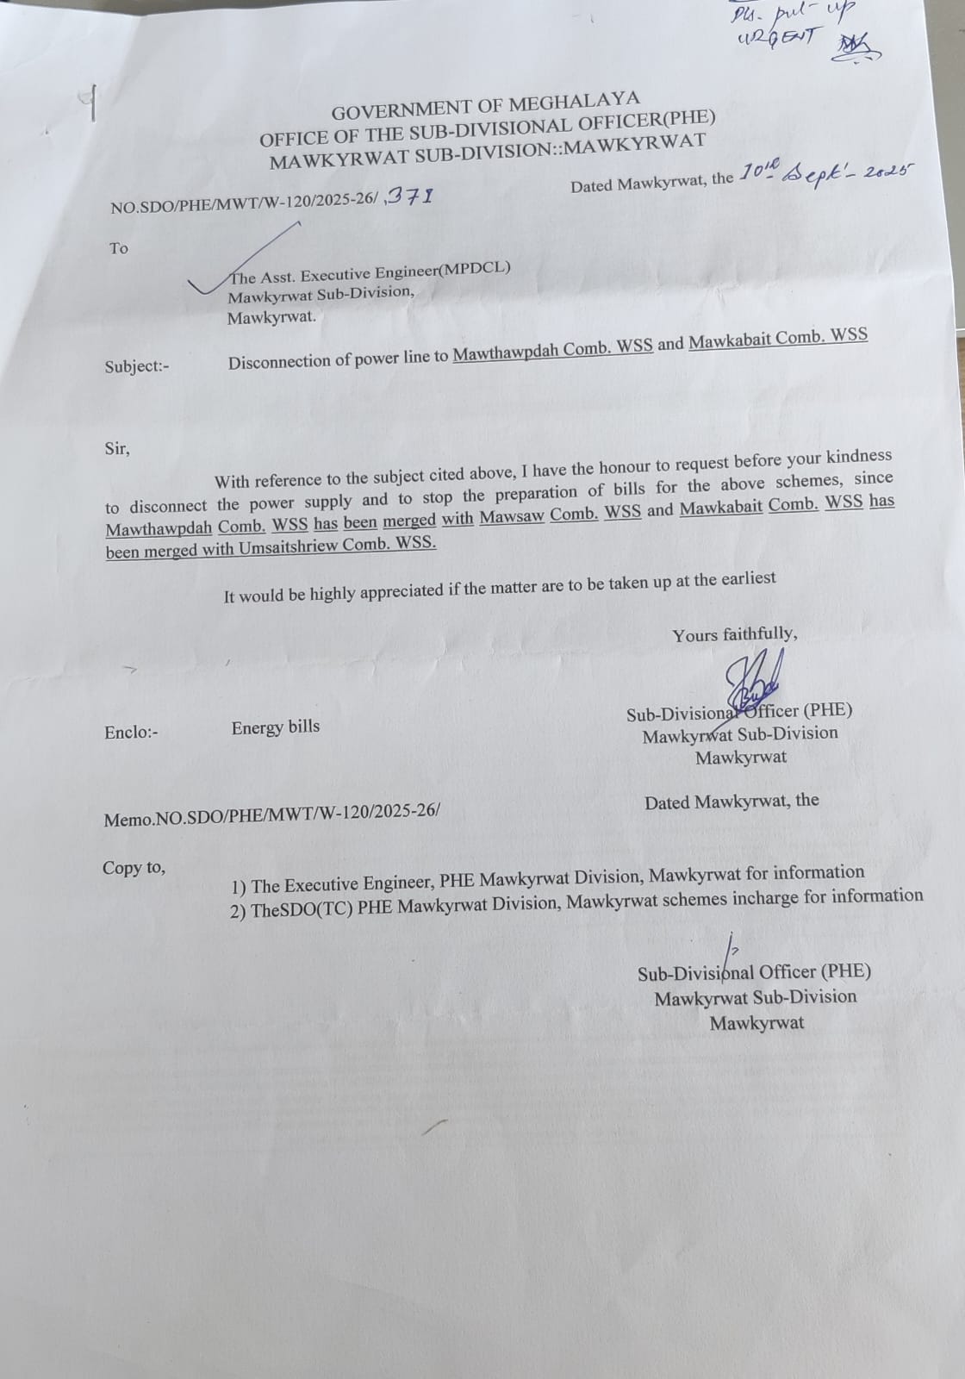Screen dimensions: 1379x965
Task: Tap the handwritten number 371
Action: (410, 197)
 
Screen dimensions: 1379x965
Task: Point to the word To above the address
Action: (119, 248)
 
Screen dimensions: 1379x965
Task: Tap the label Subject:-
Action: (137, 366)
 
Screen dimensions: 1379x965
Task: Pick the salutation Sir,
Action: (117, 448)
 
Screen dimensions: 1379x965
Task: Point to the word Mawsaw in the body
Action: (512, 515)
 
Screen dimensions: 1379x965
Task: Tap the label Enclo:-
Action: (131, 733)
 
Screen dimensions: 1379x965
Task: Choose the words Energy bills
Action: (275, 727)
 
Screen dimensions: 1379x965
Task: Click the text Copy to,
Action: (134, 868)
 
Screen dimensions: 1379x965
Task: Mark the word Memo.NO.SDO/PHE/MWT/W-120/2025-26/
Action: (271, 814)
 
